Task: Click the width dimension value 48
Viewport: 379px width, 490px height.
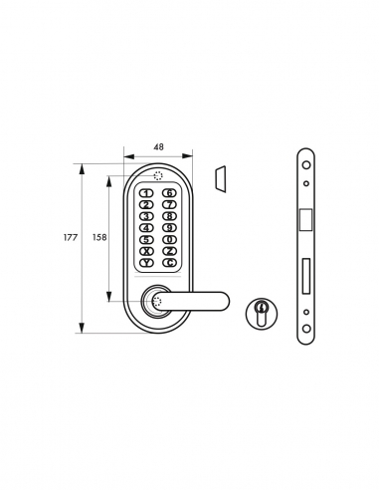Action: click(157, 146)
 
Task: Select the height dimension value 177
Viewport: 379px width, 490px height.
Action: click(70, 238)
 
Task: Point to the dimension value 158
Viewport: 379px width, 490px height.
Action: click(98, 238)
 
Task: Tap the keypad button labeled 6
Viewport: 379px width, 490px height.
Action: click(170, 193)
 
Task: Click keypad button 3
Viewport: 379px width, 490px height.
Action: click(146, 216)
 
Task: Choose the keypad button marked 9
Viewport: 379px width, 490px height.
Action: click(170, 227)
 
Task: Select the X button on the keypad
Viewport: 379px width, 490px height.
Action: click(146, 250)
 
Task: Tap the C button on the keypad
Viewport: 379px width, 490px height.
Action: click(170, 262)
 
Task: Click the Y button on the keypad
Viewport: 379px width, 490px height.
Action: click(146, 262)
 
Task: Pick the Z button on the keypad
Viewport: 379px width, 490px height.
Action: click(170, 250)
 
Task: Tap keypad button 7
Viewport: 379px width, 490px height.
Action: click(170, 204)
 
